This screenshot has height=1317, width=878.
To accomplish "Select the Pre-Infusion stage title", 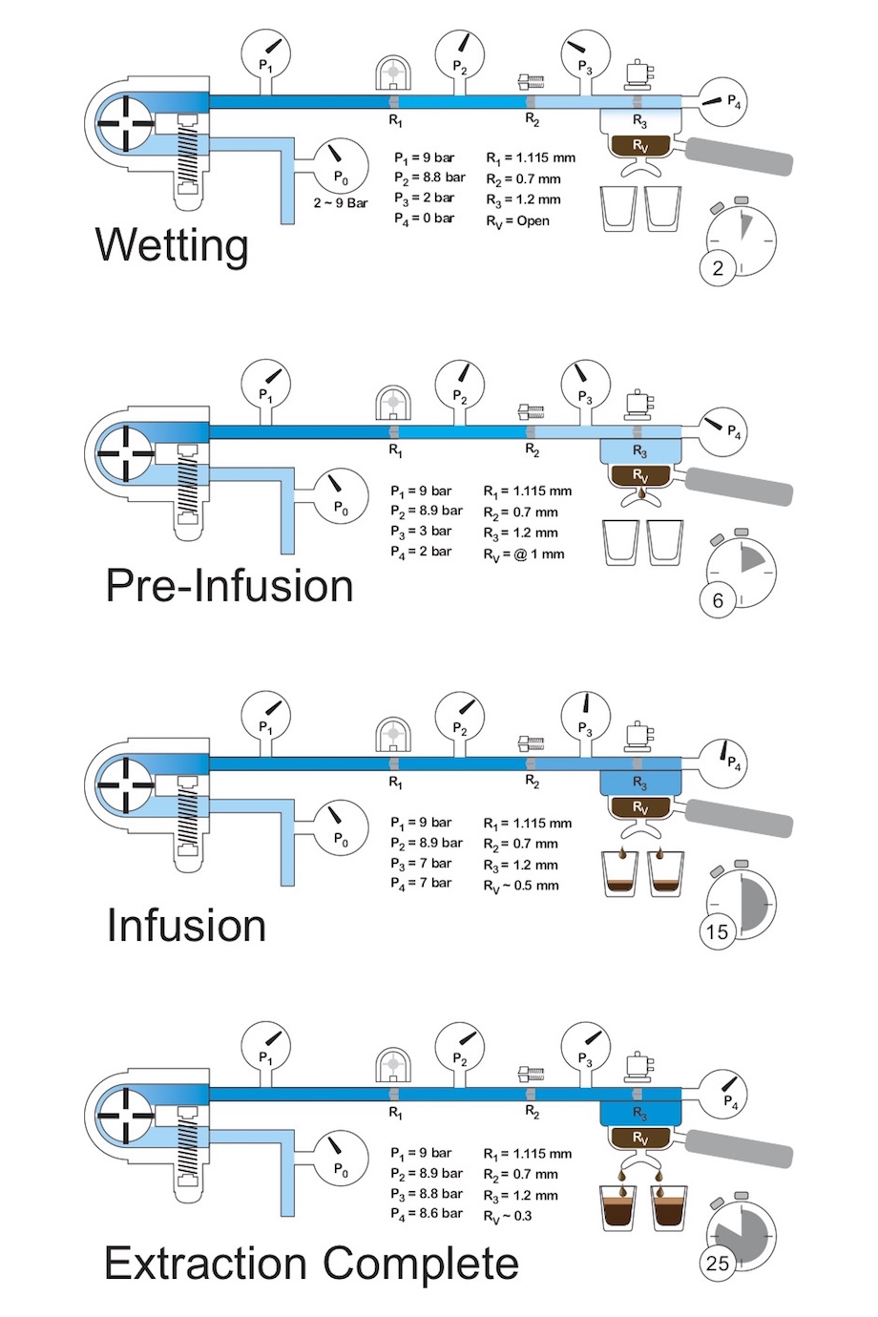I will click(229, 585).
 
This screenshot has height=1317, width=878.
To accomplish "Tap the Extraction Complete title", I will click(311, 1263).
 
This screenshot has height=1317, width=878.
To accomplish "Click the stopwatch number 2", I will click(718, 268).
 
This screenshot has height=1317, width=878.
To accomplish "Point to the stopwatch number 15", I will click(717, 931).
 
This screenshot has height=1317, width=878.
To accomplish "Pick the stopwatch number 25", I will click(717, 1264).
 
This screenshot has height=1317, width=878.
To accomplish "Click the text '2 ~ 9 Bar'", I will click(341, 202).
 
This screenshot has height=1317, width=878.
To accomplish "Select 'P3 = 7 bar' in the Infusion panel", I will click(421, 864).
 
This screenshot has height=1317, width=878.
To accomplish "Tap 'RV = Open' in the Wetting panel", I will click(517, 221).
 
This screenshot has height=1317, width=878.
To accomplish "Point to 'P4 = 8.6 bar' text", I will click(426, 1214).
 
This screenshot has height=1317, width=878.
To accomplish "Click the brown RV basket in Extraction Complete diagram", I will click(639, 1139).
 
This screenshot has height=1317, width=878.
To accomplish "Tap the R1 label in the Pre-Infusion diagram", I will click(395, 450).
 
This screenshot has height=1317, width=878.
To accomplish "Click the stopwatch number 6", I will click(718, 600).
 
